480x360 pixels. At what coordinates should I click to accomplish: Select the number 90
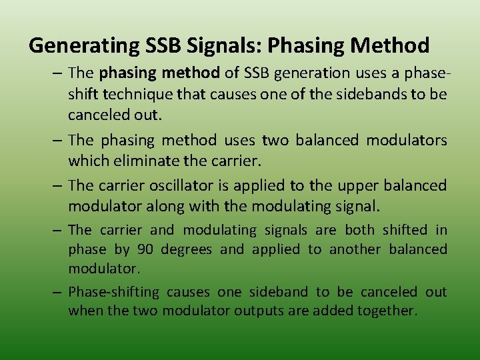[145, 249]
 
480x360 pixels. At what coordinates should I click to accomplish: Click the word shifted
[405, 230]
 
